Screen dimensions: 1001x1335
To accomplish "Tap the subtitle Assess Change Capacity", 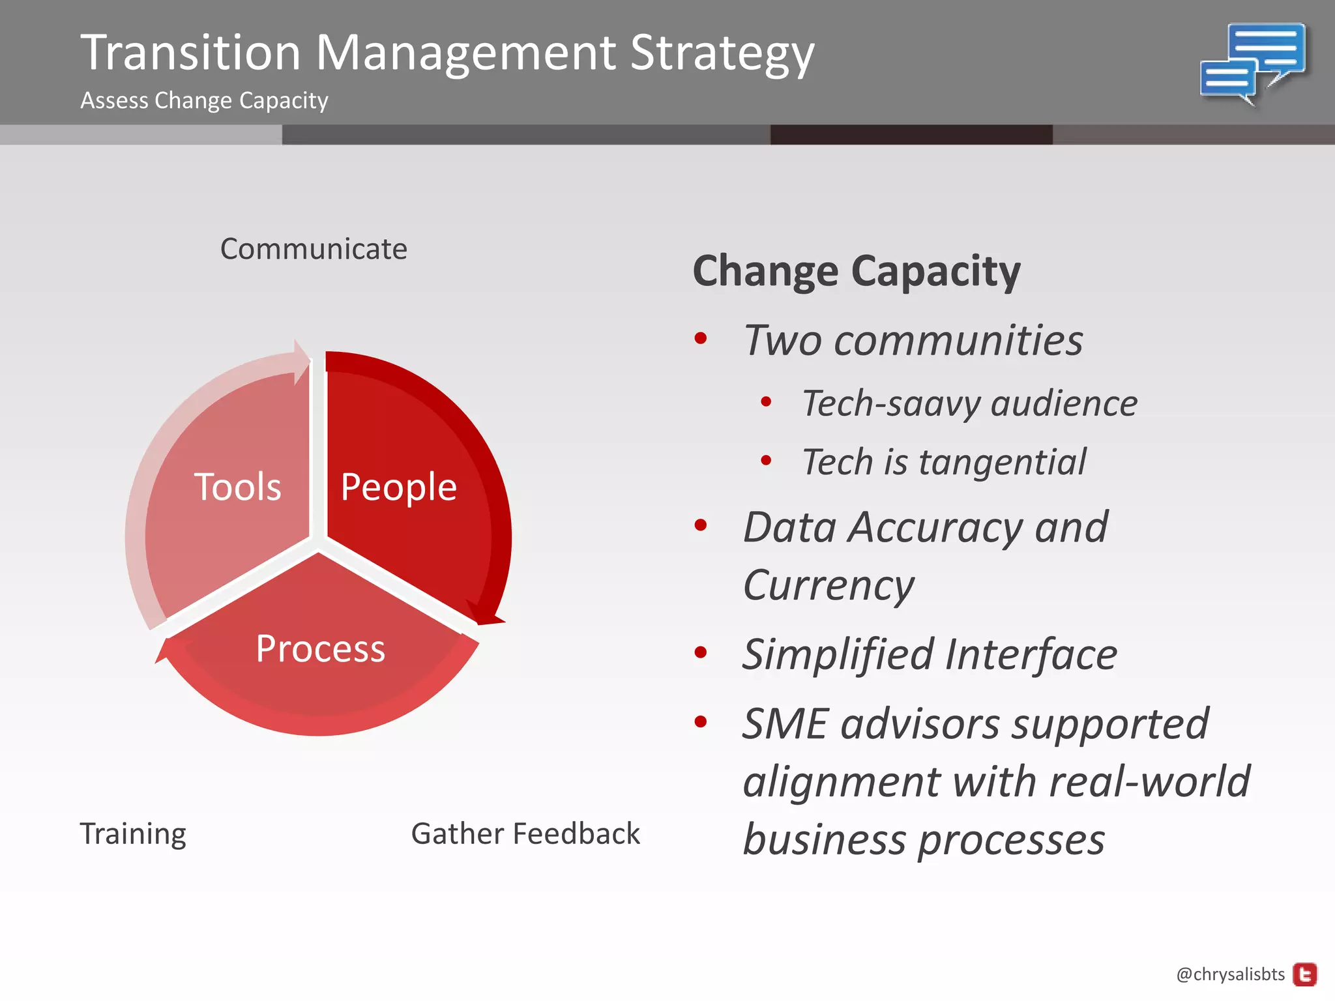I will coord(204,100).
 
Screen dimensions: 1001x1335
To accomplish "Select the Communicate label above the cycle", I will coord(314,249).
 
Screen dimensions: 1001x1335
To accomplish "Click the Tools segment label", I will coord(237,487).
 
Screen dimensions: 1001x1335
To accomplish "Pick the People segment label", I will coord(398,487).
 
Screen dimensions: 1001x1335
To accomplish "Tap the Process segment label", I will coord(320,648).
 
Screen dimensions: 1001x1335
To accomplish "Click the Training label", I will coord(133,834).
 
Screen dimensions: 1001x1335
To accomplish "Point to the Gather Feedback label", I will coord(525,834).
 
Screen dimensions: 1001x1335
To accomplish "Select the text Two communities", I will coord(913,340).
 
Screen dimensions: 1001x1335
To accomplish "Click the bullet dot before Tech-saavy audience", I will coord(766,402).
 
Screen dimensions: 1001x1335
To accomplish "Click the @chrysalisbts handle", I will coord(1230,974).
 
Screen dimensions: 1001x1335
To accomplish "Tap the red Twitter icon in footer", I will coord(1304,975).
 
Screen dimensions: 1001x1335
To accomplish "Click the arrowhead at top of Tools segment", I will coord(301,361).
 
